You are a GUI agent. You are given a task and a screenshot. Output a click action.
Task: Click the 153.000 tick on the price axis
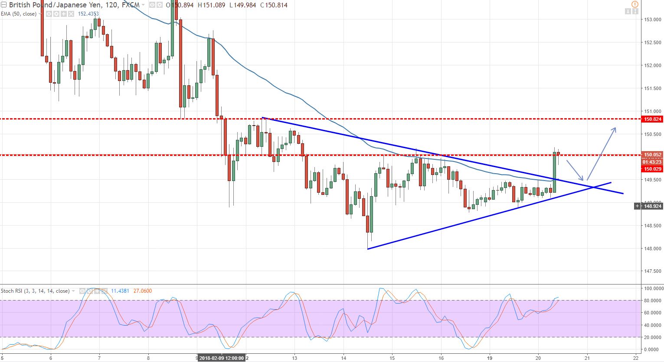tap(652, 19)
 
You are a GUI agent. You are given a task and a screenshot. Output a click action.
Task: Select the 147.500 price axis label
tap(652, 271)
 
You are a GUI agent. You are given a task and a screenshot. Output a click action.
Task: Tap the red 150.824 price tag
tap(652, 119)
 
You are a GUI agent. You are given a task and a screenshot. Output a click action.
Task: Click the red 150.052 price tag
tap(652, 155)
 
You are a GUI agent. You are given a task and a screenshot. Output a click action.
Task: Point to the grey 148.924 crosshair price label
tap(652, 206)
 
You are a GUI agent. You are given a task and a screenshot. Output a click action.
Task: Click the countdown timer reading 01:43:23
tap(652, 162)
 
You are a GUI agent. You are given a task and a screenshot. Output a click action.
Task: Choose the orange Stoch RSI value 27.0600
tap(142, 291)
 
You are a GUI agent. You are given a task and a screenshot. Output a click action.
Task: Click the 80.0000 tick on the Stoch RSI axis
tap(652, 301)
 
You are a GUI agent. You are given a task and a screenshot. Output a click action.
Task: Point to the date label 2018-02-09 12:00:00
tap(221, 358)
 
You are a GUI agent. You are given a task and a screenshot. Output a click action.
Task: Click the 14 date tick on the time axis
tap(343, 358)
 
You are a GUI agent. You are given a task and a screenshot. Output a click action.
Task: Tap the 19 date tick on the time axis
tap(489, 358)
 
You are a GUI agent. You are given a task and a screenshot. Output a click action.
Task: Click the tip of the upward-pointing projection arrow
tap(615, 128)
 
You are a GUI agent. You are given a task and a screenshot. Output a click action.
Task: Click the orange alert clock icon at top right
tap(635, 4)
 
